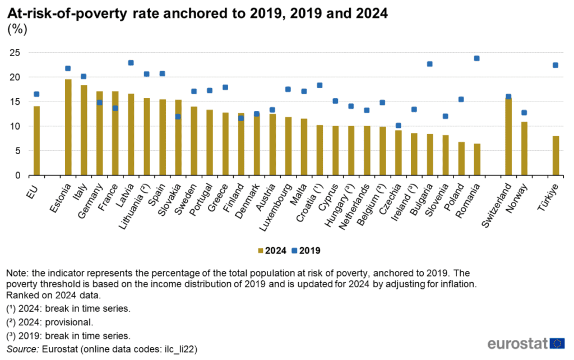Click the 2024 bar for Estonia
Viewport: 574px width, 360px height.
(x=68, y=127)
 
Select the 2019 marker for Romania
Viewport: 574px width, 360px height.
(x=477, y=58)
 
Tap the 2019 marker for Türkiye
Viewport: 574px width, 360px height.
(x=556, y=65)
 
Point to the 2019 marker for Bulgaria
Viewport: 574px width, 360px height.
(x=430, y=64)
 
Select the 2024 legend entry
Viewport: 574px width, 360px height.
(x=272, y=251)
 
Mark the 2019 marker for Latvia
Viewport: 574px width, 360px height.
(x=131, y=63)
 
